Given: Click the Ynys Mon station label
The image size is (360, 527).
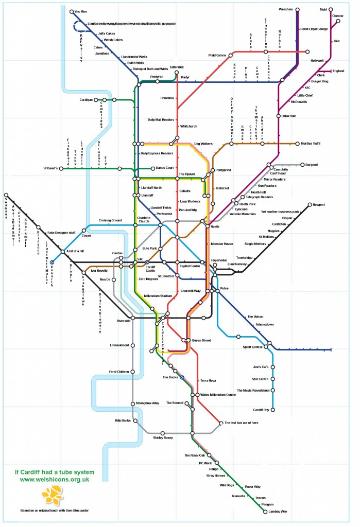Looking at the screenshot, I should (x=81, y=11).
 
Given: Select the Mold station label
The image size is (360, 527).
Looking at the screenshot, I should (x=323, y=9).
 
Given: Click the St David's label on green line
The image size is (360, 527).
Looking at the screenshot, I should (x=52, y=168).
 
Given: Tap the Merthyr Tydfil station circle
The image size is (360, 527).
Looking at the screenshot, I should (x=298, y=144).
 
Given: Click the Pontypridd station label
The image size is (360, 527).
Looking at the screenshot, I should (x=224, y=170).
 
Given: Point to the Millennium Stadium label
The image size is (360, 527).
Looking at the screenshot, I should (x=159, y=296).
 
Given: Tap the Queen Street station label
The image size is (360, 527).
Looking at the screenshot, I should (x=201, y=341).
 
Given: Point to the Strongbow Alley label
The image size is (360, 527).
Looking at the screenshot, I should (x=148, y=403).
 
